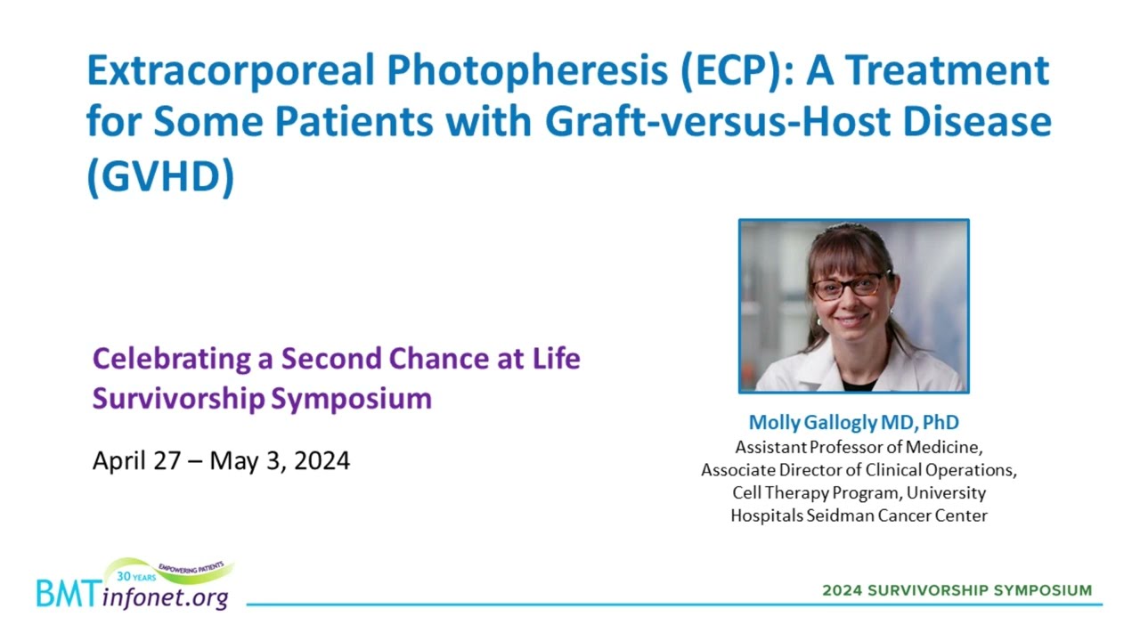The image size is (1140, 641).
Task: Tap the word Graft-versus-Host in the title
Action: [x=718, y=122]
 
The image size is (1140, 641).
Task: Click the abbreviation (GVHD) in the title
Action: [x=161, y=176]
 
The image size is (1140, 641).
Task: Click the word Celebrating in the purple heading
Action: [x=172, y=360]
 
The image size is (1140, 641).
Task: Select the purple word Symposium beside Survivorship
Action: [x=351, y=398]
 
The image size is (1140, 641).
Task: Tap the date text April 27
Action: [x=136, y=461]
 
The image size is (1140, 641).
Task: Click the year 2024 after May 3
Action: [x=322, y=461]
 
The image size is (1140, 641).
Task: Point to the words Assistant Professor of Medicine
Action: [x=858, y=447]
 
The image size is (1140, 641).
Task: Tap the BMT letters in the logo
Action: [x=69, y=594]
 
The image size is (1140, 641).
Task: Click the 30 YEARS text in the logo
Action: [x=136, y=576]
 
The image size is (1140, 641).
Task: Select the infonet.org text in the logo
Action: [x=165, y=597]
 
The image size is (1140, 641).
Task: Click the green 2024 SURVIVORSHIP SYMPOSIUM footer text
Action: [x=957, y=590]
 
